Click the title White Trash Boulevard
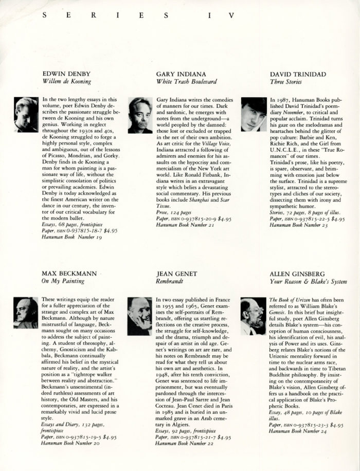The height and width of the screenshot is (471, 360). coord(186,81)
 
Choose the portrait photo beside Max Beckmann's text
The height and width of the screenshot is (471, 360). coord(26,313)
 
